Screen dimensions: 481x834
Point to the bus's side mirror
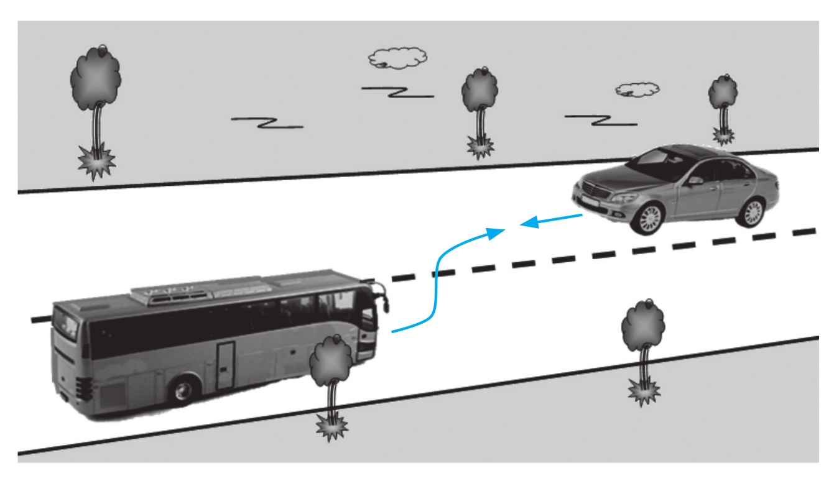(384, 301)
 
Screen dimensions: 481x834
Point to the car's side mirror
(694, 181)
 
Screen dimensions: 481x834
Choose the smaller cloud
(637, 89)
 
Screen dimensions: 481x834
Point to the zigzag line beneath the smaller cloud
(600, 119)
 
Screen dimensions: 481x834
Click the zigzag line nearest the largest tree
(267, 122)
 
